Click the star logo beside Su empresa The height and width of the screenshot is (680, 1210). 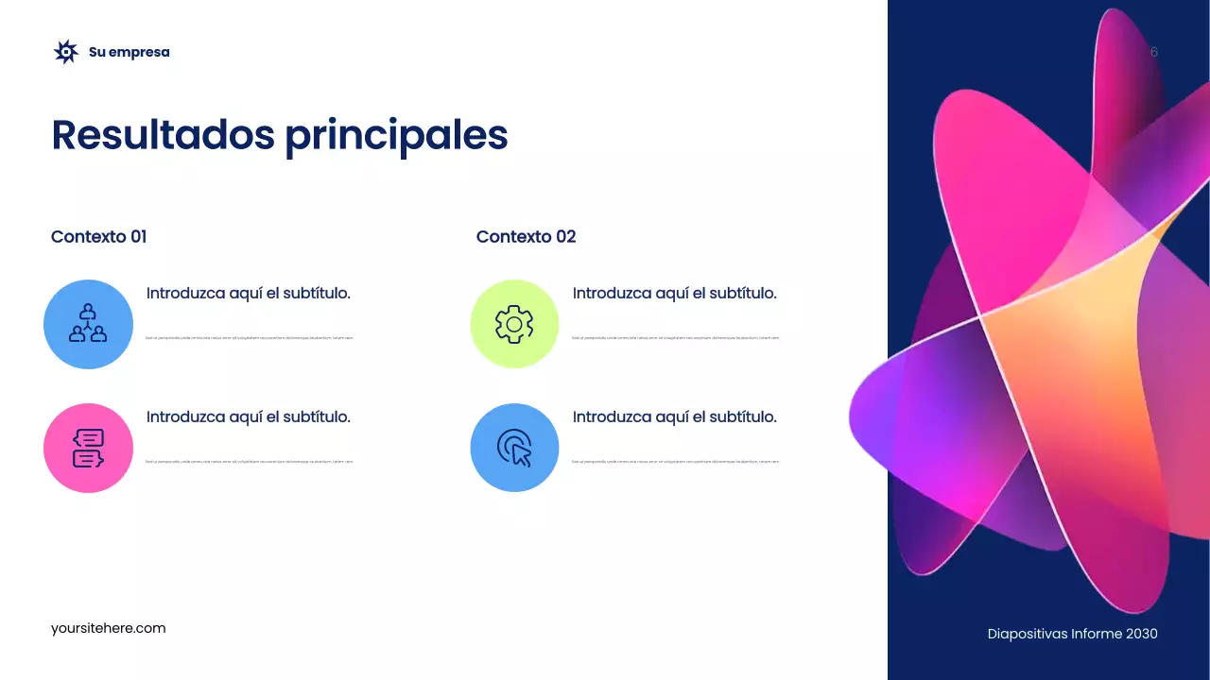click(65, 52)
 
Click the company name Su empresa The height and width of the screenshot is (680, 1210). click(130, 52)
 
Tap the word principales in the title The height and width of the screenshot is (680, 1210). click(397, 135)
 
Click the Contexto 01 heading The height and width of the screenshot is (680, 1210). click(99, 236)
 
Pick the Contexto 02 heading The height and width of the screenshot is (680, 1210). click(526, 236)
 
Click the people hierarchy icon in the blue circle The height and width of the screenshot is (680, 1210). click(88, 324)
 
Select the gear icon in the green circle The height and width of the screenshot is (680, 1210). click(514, 324)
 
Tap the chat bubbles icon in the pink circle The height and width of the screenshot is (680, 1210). click(88, 448)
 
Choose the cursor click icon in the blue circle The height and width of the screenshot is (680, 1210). click(514, 448)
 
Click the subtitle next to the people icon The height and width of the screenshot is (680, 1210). click(249, 293)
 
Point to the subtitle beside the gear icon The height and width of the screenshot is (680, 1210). click(675, 293)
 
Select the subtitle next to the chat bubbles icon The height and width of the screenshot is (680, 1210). click(249, 416)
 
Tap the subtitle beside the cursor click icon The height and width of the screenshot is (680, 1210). click(675, 416)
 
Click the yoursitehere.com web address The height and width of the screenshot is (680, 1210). click(109, 628)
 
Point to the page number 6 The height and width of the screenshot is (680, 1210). click(1153, 52)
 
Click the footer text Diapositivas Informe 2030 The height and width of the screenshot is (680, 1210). click(1072, 634)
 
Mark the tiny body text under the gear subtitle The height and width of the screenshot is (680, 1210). click(675, 337)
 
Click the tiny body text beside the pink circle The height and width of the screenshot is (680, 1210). click(250, 462)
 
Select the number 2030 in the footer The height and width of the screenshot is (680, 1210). click(1141, 634)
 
